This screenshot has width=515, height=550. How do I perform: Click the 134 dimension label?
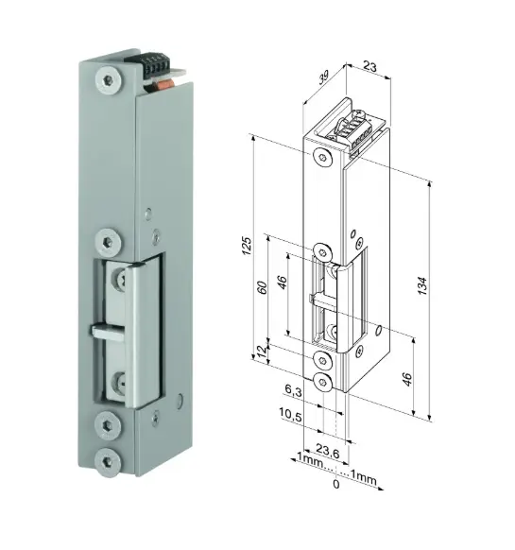coord(423,286)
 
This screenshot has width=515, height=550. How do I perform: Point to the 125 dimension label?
coord(247,247)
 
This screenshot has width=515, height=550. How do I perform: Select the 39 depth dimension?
coord(324,77)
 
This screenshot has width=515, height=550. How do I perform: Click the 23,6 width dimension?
coord(328,450)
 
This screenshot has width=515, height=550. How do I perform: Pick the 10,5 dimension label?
coord(290,414)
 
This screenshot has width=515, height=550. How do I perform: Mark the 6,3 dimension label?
coord(293,390)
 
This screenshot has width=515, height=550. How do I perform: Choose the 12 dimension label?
coord(263,352)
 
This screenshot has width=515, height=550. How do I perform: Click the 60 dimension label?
coord(263,287)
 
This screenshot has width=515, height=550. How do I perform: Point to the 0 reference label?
coord(336,484)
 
